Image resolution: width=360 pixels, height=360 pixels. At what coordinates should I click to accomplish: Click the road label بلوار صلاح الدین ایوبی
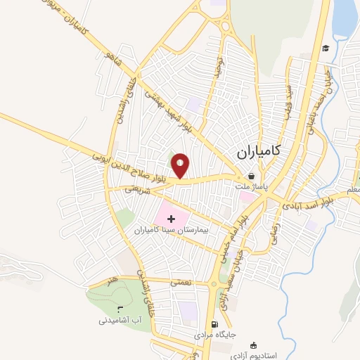[x=138, y=167]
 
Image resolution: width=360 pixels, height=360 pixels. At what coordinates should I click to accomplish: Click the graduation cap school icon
[x=326, y=48]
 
